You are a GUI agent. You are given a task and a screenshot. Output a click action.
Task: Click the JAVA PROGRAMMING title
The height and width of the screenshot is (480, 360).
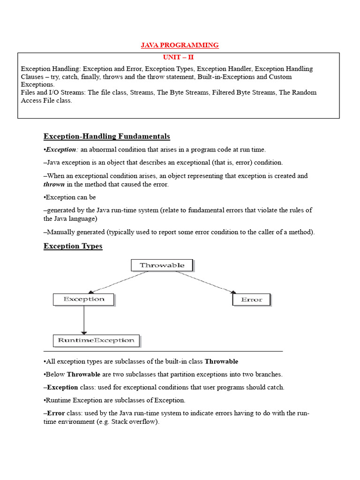[180, 45]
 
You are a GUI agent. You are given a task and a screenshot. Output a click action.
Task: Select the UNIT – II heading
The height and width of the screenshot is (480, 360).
[178, 57]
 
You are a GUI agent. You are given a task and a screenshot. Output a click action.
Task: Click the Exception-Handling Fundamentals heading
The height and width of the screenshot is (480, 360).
[106, 136]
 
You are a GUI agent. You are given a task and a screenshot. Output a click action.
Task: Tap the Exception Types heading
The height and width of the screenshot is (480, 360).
[73, 246]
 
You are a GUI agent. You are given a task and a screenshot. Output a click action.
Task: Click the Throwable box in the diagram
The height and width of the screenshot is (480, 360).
[162, 265]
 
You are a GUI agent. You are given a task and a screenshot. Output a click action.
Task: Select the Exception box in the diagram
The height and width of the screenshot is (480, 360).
[83, 299]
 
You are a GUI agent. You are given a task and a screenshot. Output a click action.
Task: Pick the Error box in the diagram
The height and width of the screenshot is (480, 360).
[251, 300]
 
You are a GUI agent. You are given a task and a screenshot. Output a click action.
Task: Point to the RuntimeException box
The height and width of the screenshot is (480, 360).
[96, 340]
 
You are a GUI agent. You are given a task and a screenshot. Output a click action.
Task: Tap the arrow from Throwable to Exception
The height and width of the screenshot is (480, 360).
[120, 282]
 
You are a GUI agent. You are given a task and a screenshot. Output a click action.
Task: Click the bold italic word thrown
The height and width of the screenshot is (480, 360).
[54, 184]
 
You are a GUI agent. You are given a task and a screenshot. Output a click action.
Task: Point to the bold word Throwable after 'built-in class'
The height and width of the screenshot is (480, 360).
[221, 361]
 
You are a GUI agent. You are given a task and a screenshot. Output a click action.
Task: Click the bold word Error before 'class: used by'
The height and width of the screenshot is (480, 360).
[56, 413]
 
